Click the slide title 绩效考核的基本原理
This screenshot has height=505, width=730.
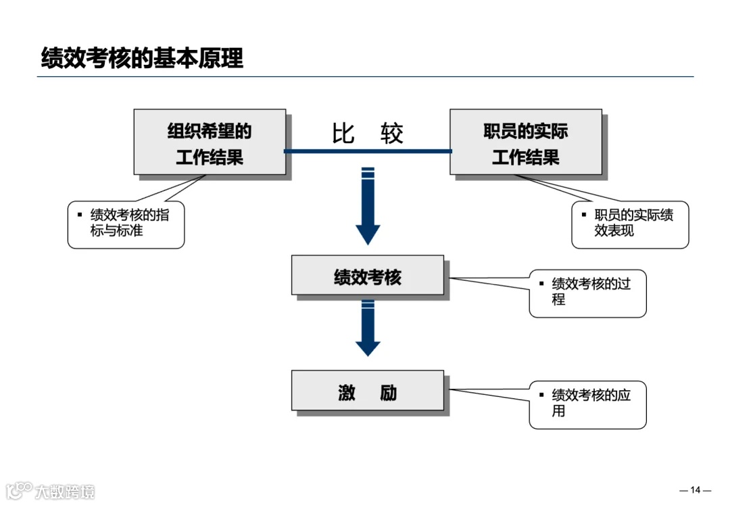(142, 58)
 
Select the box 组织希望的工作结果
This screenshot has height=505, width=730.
(210, 142)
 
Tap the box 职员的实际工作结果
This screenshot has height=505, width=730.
(525, 142)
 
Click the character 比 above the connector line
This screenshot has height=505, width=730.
(343, 134)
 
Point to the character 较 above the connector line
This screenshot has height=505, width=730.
(391, 134)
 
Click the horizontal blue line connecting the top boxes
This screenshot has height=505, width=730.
(368, 151)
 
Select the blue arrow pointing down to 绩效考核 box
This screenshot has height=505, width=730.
(368, 206)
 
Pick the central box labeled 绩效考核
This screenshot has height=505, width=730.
(368, 275)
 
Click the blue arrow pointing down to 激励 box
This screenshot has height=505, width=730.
(368, 329)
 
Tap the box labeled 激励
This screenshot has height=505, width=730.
(368, 391)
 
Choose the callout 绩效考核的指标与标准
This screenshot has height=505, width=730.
(126, 224)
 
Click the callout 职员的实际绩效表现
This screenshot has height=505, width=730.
(630, 224)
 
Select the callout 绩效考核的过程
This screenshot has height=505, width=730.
(587, 293)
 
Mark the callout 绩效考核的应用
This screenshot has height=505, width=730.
(587, 404)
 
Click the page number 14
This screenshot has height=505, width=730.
(695, 490)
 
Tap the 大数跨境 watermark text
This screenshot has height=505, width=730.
(65, 491)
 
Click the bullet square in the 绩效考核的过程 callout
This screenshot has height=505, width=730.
(541, 283)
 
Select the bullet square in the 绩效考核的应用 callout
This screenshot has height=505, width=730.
(541, 394)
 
